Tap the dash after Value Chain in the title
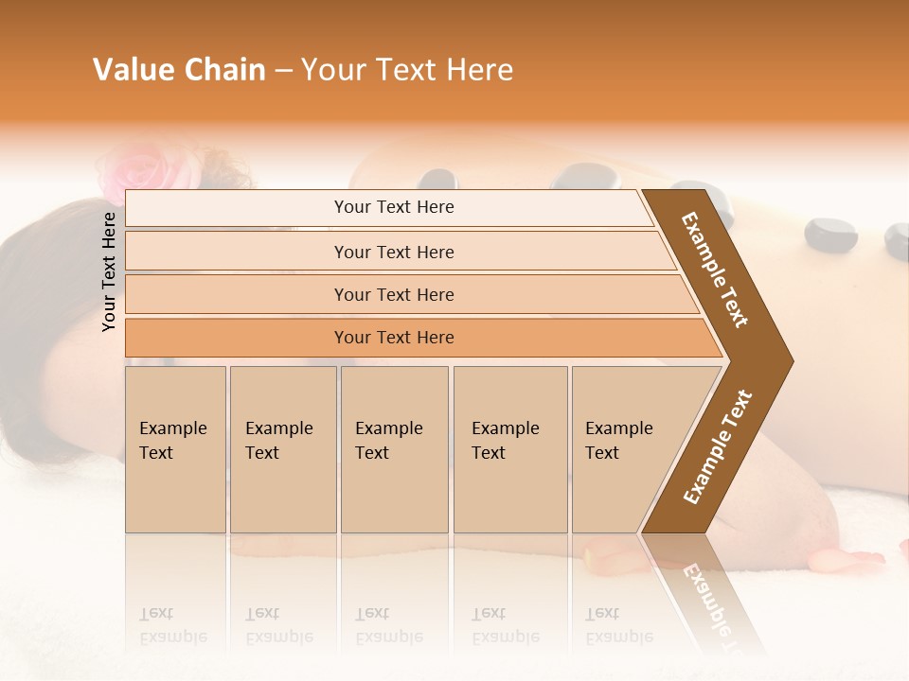[283, 71]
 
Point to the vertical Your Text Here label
[109, 271]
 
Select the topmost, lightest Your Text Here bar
[394, 207]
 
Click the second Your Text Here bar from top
[394, 252]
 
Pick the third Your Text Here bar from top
[394, 294]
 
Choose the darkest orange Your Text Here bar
[394, 338]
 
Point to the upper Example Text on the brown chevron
[715, 270]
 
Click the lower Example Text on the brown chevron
[717, 447]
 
